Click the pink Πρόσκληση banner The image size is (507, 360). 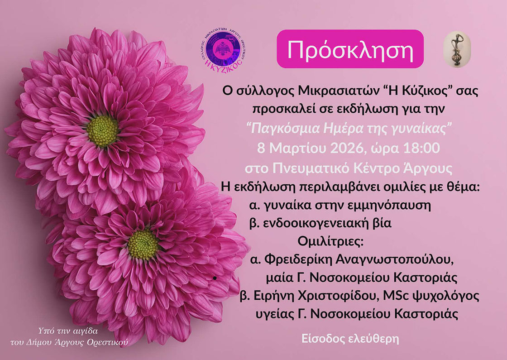point(350,49)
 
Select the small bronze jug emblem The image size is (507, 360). point(457,49)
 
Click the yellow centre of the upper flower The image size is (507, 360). point(103,131)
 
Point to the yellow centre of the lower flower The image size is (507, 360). point(143,244)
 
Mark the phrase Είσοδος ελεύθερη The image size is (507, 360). point(350,339)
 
